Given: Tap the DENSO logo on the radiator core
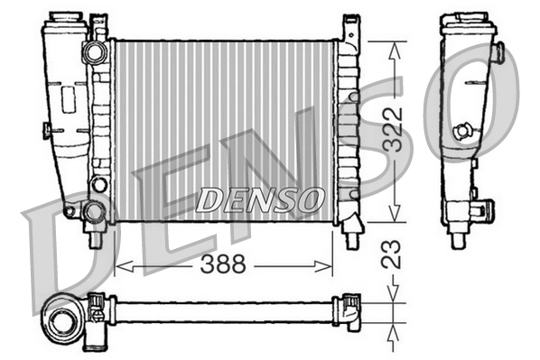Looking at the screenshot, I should [x=259, y=199].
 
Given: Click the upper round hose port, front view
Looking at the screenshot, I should [x=92, y=53].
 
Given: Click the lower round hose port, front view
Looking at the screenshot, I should [x=92, y=213].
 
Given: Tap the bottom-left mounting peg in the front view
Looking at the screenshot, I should [x=93, y=240].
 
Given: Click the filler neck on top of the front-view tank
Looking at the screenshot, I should [x=68, y=19].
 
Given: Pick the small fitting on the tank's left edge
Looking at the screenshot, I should [x=46, y=132].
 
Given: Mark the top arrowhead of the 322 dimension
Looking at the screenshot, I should [x=393, y=48].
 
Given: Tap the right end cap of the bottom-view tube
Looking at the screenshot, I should [x=348, y=310].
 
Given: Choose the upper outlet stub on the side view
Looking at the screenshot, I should [x=496, y=54].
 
